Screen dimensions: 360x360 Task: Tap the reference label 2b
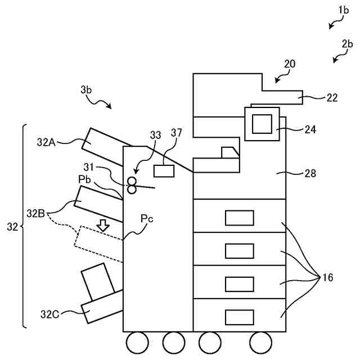[346, 43]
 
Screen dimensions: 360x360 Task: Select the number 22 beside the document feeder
[332, 97]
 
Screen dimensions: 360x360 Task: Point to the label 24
[309, 129]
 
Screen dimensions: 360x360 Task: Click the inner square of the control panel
[262, 123]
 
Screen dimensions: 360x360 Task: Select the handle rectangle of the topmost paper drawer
[239, 218]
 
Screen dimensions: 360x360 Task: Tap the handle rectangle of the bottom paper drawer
[239, 317]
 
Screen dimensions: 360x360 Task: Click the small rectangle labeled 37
[163, 171]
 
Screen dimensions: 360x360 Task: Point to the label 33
[155, 134]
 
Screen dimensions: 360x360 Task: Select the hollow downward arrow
[102, 225]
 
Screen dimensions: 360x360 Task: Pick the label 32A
[47, 142]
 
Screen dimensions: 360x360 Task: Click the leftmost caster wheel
[137, 341]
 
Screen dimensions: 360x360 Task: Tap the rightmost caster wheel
[260, 341]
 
